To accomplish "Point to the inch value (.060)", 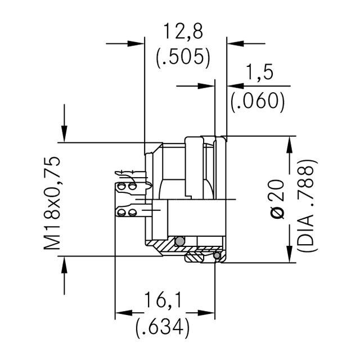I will (258, 101).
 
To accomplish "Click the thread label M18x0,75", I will (52, 203).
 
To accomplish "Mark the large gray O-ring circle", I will (179, 242).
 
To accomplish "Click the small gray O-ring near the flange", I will (217, 256).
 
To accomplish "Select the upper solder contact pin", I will (128, 186).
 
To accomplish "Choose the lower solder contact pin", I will (128, 212).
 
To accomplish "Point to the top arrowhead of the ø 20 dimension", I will (290, 144).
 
